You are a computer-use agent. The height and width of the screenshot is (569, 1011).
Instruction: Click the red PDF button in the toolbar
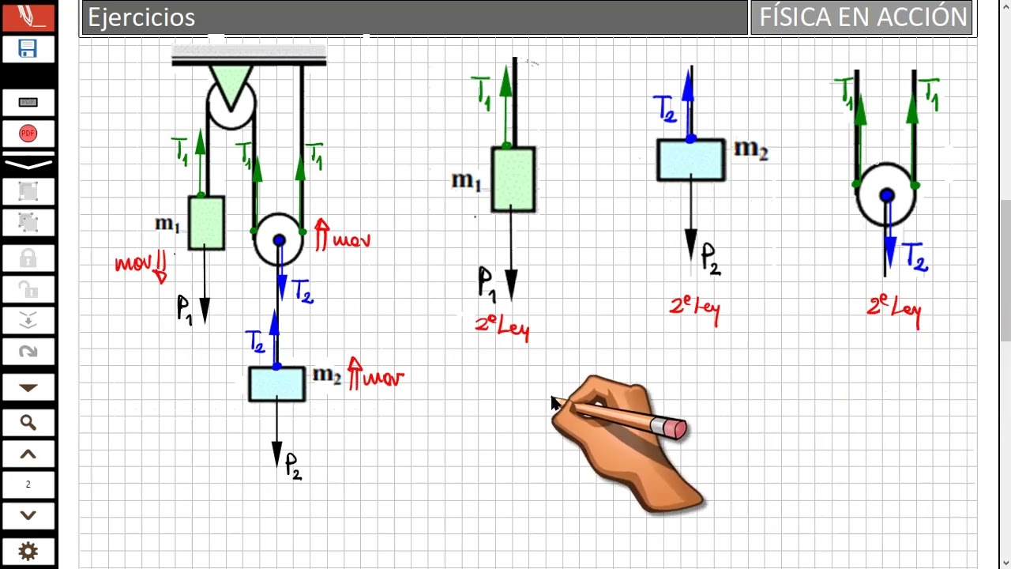pyautogui.click(x=28, y=134)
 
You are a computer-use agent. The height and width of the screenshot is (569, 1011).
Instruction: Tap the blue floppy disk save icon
pyautogui.click(x=28, y=48)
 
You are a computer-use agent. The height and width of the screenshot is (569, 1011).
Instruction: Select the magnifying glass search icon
pyautogui.click(x=28, y=423)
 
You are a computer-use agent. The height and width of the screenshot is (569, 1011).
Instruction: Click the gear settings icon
pyautogui.click(x=28, y=552)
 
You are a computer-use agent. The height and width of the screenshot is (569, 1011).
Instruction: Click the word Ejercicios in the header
pyautogui.click(x=141, y=17)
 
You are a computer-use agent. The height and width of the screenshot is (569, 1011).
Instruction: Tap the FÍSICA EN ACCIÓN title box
pyautogui.click(x=861, y=17)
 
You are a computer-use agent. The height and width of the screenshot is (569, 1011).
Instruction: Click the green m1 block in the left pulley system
pyautogui.click(x=206, y=223)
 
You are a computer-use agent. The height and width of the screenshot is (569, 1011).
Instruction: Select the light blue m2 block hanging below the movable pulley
pyautogui.click(x=276, y=384)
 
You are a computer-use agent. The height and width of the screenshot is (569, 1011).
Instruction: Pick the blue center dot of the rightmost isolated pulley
pyautogui.click(x=887, y=195)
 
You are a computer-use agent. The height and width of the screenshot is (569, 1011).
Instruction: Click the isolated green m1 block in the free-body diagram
pyautogui.click(x=513, y=179)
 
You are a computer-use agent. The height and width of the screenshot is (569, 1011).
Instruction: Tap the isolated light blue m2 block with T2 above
pyautogui.click(x=691, y=160)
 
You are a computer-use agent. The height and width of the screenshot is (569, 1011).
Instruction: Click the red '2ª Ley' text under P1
pyautogui.click(x=502, y=328)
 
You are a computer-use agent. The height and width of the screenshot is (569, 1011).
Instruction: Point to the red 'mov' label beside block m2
pyautogui.click(x=376, y=375)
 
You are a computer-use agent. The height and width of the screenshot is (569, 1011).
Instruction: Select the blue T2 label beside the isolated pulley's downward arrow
pyautogui.click(x=915, y=257)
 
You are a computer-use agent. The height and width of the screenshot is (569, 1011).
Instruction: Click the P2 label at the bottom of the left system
pyautogui.click(x=293, y=466)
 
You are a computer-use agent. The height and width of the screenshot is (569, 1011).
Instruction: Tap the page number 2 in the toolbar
pyautogui.click(x=28, y=484)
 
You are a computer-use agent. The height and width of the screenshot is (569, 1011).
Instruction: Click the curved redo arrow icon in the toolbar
pyautogui.click(x=28, y=352)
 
